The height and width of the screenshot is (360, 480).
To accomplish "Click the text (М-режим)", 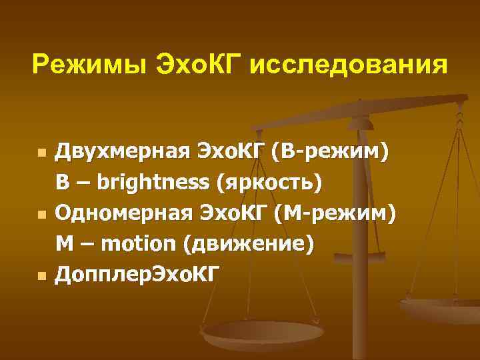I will click(x=334, y=213).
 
